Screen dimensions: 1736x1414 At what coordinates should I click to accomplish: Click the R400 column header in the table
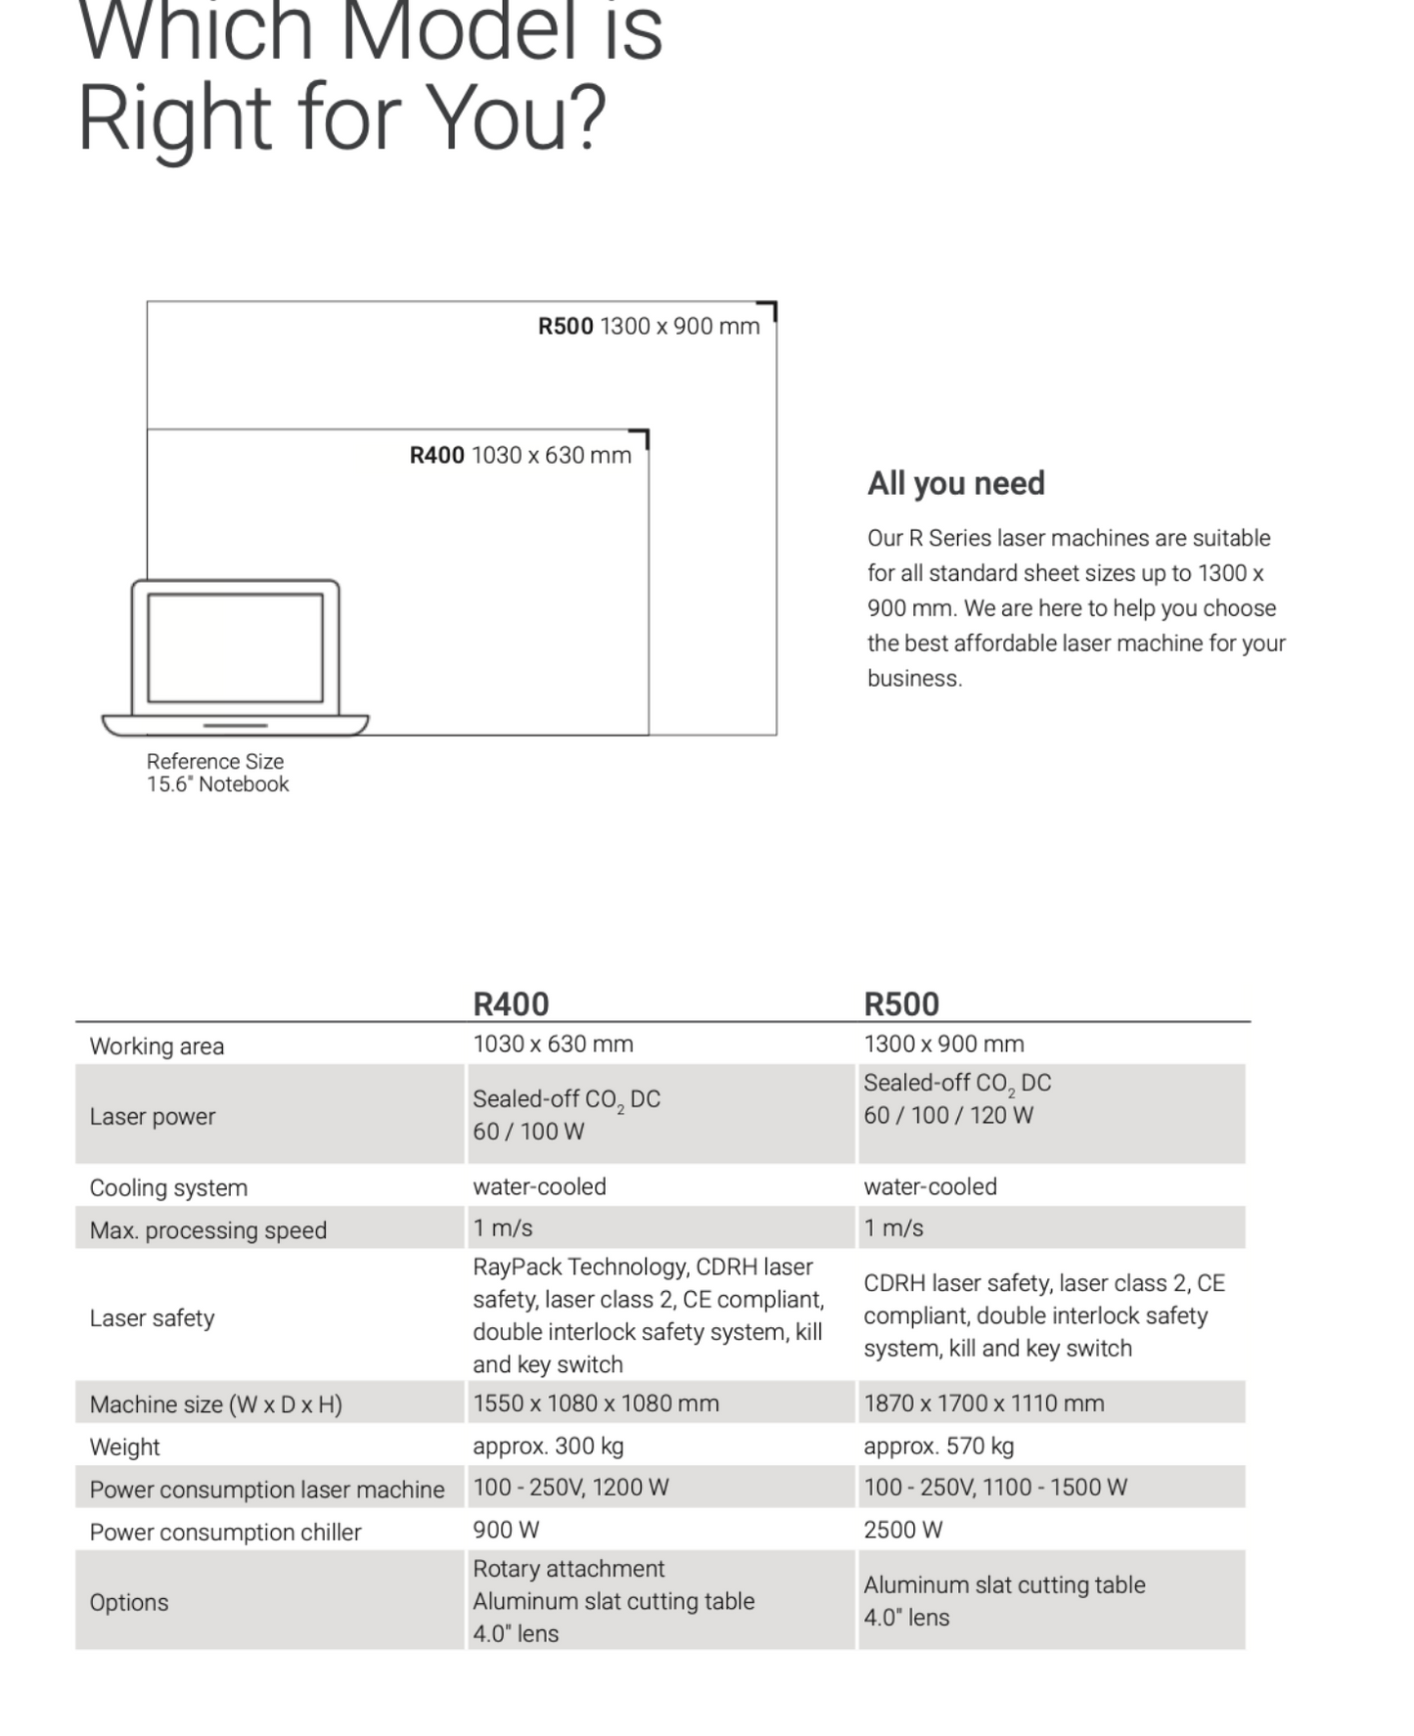[x=511, y=1003]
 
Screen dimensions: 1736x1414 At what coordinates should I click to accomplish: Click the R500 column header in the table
[x=901, y=1003]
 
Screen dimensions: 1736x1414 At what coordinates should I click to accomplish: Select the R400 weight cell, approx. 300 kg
[x=548, y=1446]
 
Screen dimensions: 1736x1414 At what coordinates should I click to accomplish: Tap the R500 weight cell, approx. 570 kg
[x=938, y=1446]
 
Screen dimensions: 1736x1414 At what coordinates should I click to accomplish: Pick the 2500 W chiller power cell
[x=902, y=1530]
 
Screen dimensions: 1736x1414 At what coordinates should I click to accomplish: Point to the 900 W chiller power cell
[x=506, y=1530]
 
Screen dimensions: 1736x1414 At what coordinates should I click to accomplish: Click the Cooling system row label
[x=168, y=1187]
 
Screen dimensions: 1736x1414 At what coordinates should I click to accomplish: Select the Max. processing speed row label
[x=207, y=1229]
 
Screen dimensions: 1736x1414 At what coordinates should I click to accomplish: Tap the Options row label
[x=129, y=1602]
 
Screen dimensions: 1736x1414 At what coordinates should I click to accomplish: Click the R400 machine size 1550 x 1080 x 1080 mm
[x=596, y=1403]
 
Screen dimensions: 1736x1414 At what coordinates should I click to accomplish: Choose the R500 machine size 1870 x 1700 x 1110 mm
[x=983, y=1403]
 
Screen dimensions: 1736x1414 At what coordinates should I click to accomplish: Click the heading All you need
[x=956, y=483]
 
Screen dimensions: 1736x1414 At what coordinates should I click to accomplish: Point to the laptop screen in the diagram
[x=235, y=647]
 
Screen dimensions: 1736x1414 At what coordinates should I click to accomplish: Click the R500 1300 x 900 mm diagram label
[x=649, y=327]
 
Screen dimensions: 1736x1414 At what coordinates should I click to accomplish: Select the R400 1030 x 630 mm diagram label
[x=521, y=455]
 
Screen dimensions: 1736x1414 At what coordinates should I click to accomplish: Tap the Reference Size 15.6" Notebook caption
[x=217, y=773]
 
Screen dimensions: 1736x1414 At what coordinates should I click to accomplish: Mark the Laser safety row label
[x=152, y=1317]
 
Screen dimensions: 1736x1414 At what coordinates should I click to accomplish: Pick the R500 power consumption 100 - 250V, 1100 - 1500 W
[x=995, y=1488]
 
